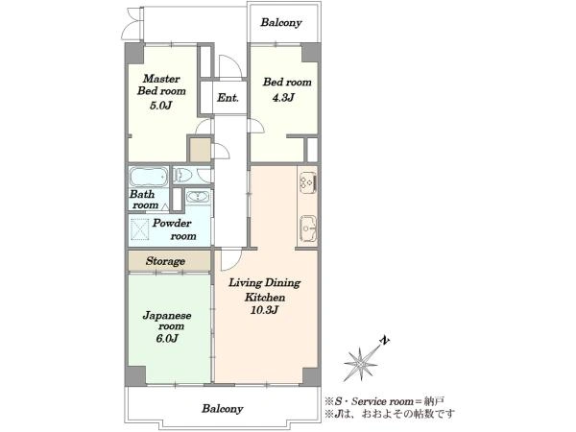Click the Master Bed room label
click(161, 84)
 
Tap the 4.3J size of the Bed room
click(283, 98)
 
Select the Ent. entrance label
click(228, 98)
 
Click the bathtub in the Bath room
click(149, 177)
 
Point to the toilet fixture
click(182, 175)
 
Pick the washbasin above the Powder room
click(198, 197)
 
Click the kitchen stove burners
click(308, 182)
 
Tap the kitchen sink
click(308, 228)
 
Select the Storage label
click(165, 261)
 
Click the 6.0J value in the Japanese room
click(167, 338)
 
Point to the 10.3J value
click(265, 310)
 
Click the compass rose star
click(360, 364)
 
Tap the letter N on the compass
click(384, 341)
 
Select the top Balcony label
click(281, 22)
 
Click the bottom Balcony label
click(223, 409)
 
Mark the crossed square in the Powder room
click(140, 228)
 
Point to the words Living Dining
click(265, 283)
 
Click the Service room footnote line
click(385, 401)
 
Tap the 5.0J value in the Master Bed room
click(161, 106)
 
